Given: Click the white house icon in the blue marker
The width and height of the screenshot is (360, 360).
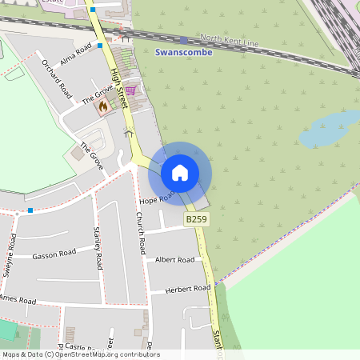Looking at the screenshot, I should pyautogui.click(x=180, y=172).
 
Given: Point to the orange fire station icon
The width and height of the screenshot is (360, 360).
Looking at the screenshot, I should pyautogui.click(x=103, y=106).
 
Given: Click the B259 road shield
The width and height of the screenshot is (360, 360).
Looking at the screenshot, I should pyautogui.click(x=196, y=218).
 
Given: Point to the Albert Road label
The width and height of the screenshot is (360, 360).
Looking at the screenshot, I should pyautogui.click(x=174, y=260).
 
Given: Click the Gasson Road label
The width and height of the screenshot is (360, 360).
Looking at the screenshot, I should pyautogui.click(x=54, y=254).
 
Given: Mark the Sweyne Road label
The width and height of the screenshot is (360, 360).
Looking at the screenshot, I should pyautogui.click(x=9, y=254).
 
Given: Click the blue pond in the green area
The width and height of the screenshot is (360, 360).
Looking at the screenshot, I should pyautogui.click(x=329, y=128).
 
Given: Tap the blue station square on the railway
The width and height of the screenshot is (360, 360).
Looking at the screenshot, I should pyautogui.click(x=184, y=40).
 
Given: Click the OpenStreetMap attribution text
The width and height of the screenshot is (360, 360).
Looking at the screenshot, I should pyautogui.click(x=81, y=354).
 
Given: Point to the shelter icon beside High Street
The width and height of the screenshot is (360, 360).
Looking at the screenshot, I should pyautogui.click(x=128, y=133).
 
